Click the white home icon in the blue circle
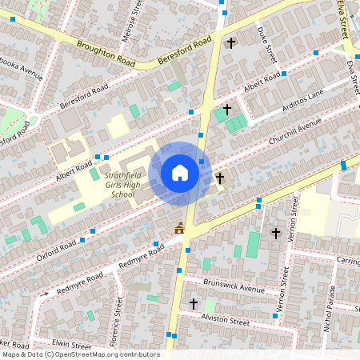pyautogui.click(x=180, y=173)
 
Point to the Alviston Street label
pyautogui.click(x=226, y=318)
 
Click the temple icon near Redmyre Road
pyautogui.click(x=179, y=229)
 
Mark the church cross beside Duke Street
pyautogui.click(x=232, y=42)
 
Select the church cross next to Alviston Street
pyautogui.click(x=193, y=304)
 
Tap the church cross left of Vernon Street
pyautogui.click(x=276, y=233)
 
